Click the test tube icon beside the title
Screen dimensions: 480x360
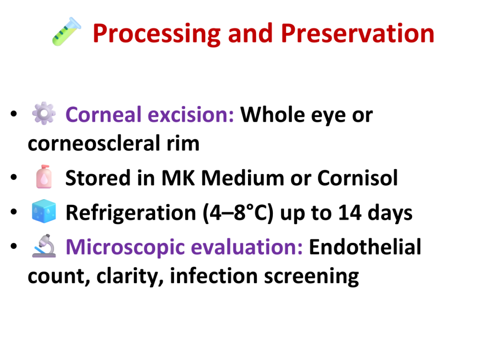(x=67, y=31)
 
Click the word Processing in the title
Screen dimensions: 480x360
(x=157, y=34)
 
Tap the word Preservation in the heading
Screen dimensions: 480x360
(x=358, y=33)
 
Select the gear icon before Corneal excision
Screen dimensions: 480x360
(x=44, y=113)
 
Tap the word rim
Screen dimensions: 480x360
(x=183, y=144)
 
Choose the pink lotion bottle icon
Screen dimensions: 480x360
(x=44, y=177)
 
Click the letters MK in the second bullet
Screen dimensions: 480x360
(x=178, y=178)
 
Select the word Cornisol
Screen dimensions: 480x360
(x=358, y=178)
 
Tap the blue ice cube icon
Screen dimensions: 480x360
(x=44, y=211)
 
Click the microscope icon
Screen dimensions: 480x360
(x=44, y=246)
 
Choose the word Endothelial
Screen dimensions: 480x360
(x=365, y=247)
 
